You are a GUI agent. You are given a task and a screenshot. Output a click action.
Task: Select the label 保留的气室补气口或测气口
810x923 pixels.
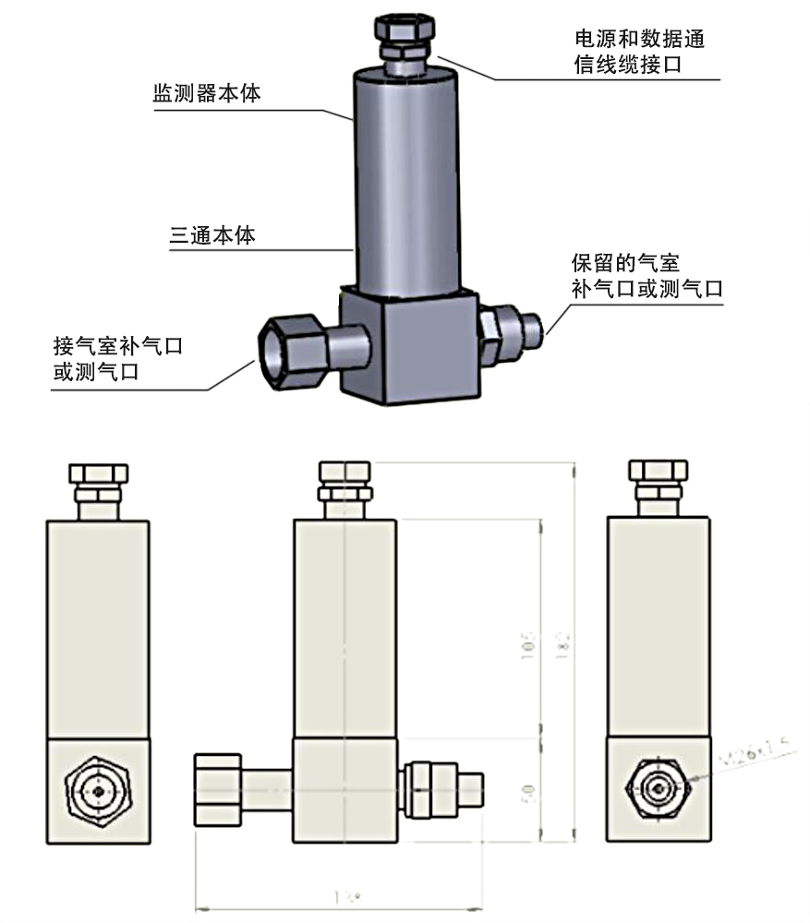pyautogui.click(x=646, y=276)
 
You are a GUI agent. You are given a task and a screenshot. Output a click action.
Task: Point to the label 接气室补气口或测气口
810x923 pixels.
pyautogui.click(x=117, y=360)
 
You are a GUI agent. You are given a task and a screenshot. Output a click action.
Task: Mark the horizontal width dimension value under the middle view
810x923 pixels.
pyautogui.click(x=340, y=896)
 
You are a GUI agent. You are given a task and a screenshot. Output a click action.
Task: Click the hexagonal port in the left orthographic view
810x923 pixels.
pyautogui.click(x=97, y=791)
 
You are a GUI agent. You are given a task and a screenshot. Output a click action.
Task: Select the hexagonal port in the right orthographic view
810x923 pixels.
pyautogui.click(x=658, y=791)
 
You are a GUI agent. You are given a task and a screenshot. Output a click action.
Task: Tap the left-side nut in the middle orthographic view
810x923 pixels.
pyautogui.click(x=218, y=790)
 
